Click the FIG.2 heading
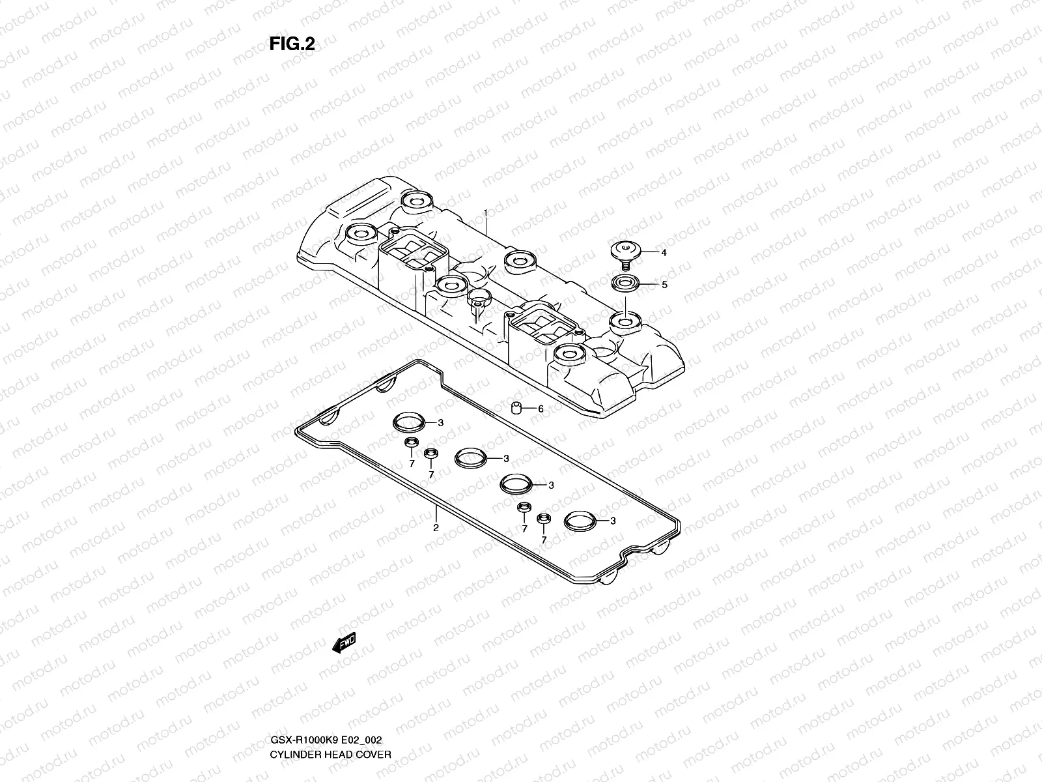[x=292, y=44]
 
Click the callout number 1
[x=485, y=213]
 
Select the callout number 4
[x=664, y=253]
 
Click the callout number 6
[x=540, y=409]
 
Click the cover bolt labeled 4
[x=625, y=253]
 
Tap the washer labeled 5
[x=625, y=284]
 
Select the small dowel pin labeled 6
[x=516, y=408]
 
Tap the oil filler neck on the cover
[x=479, y=300]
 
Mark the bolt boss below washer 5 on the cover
[x=624, y=321]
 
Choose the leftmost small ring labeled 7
[x=412, y=444]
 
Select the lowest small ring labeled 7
[x=544, y=519]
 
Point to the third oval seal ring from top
[x=516, y=484]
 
